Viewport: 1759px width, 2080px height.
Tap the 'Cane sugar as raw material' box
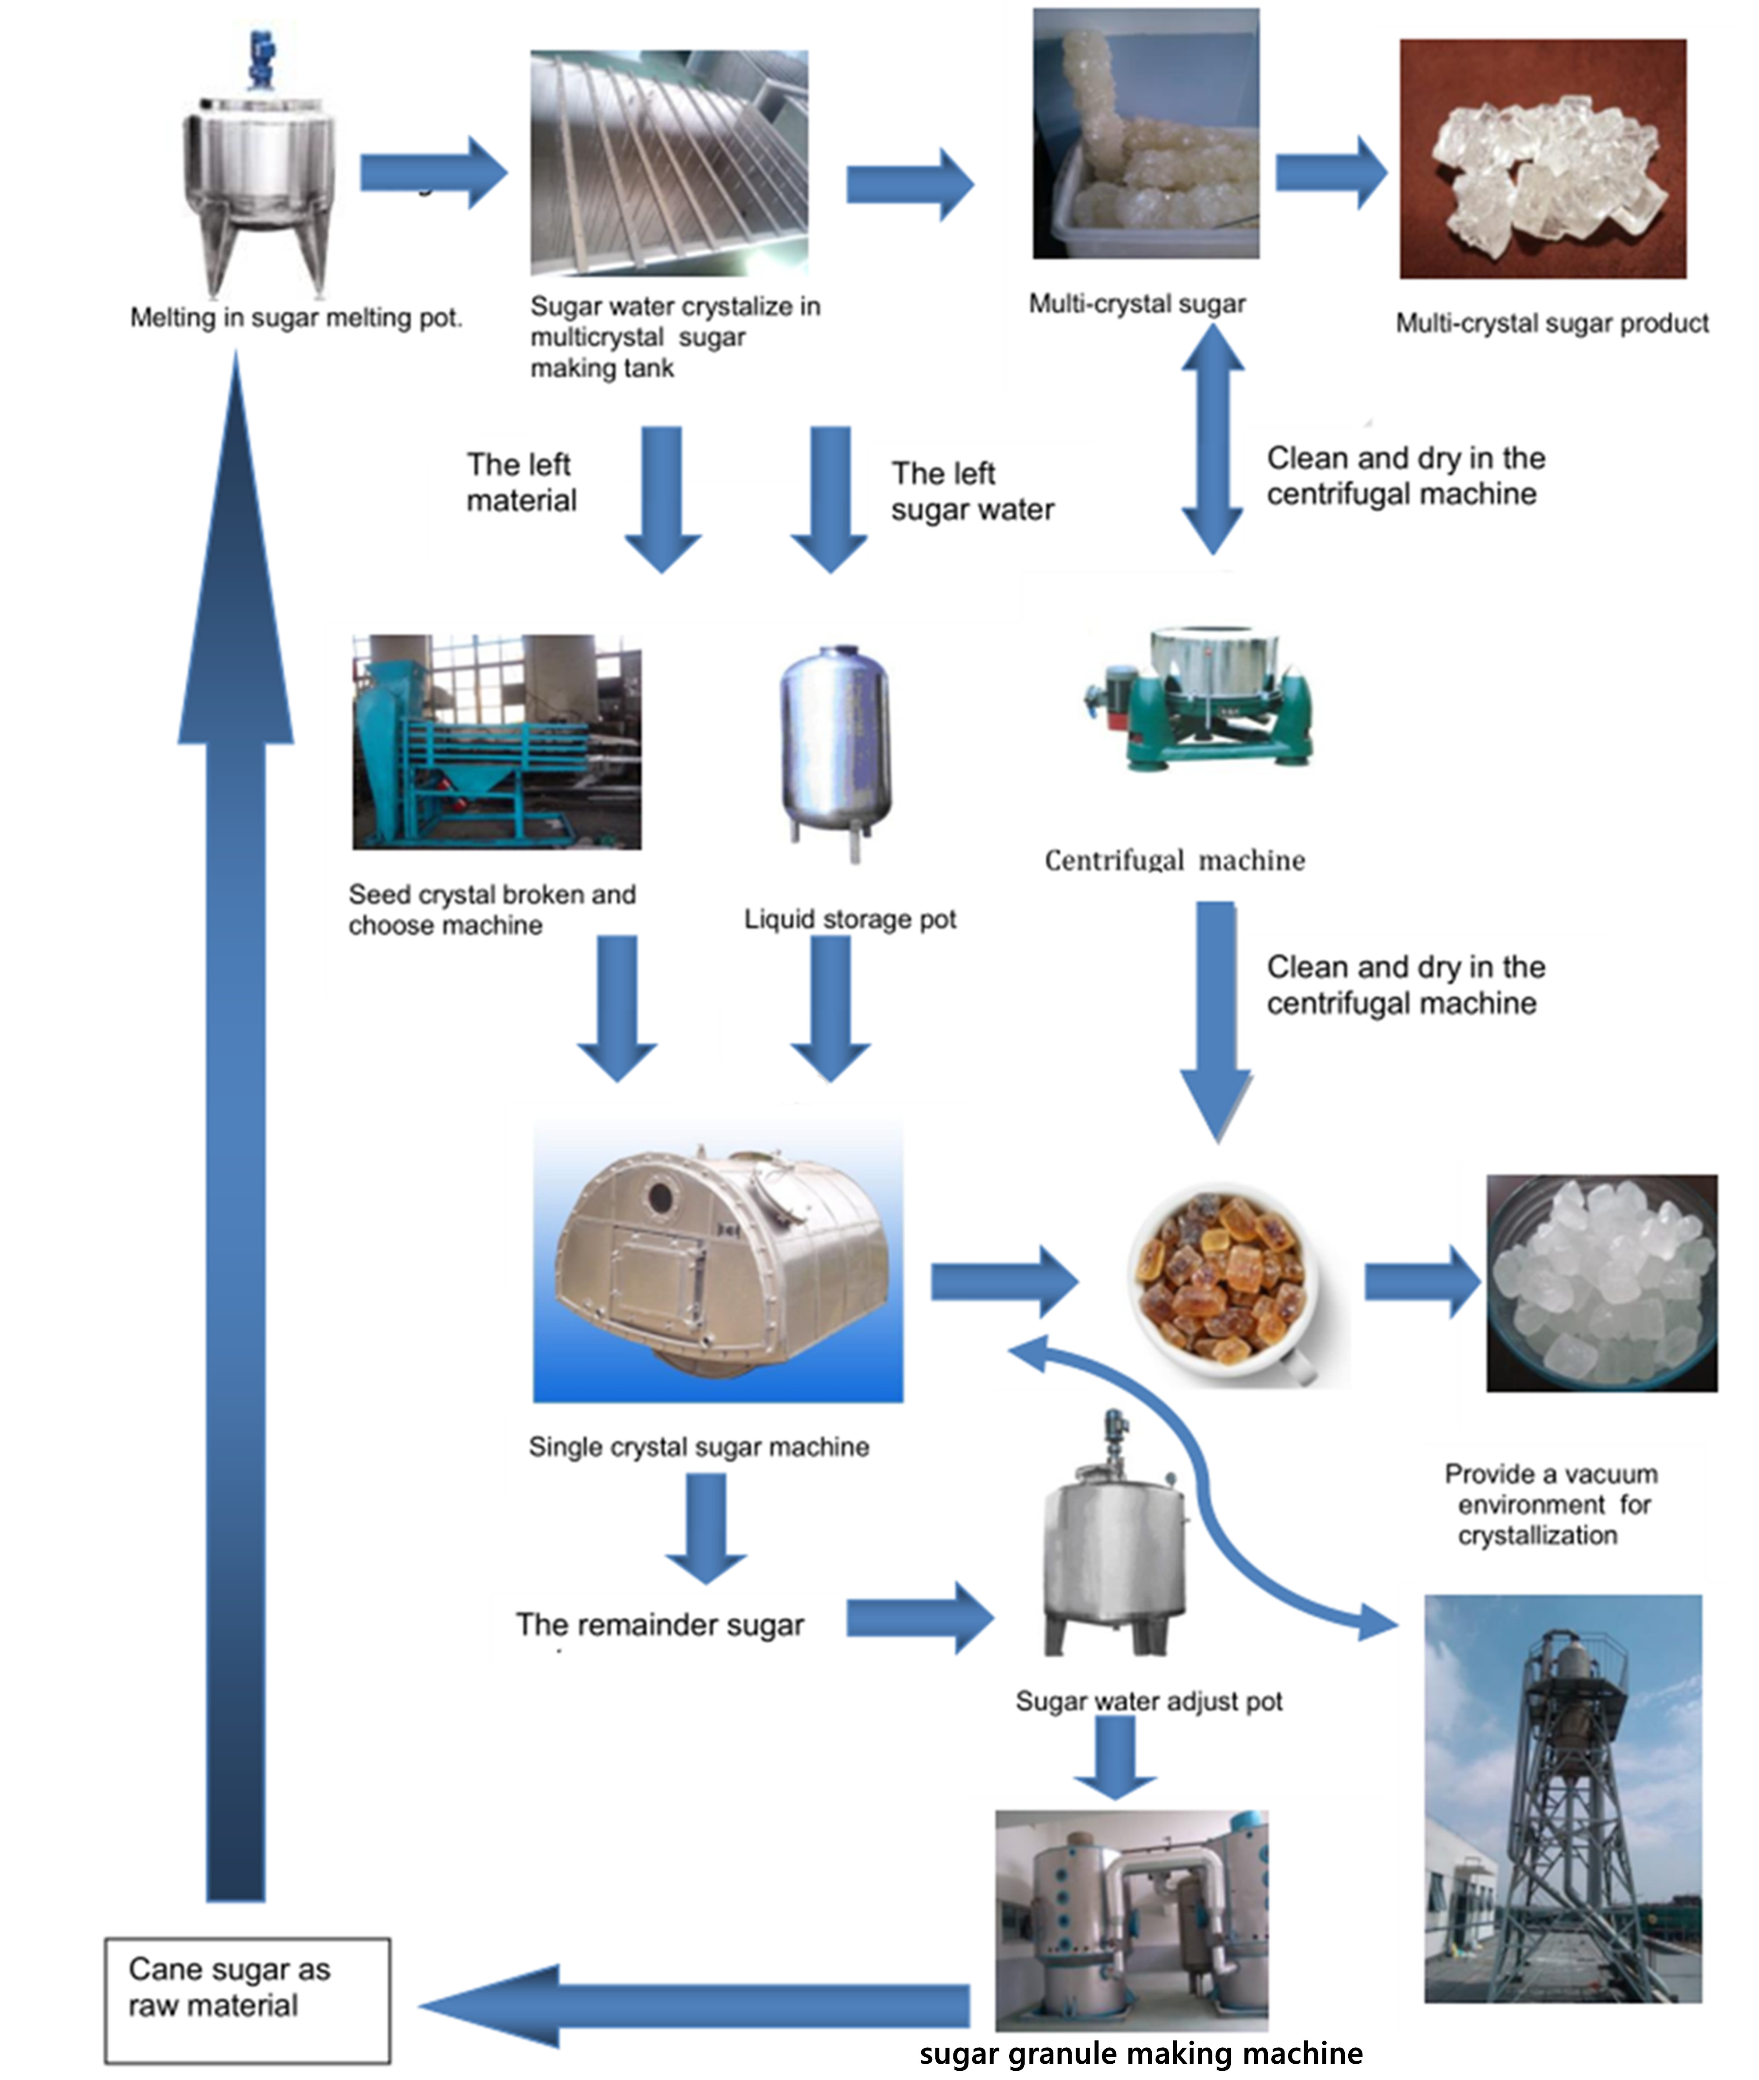tap(247, 1999)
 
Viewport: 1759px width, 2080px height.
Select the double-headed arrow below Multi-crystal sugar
tap(1212, 439)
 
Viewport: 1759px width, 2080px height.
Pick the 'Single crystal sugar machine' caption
tap(698, 1447)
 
